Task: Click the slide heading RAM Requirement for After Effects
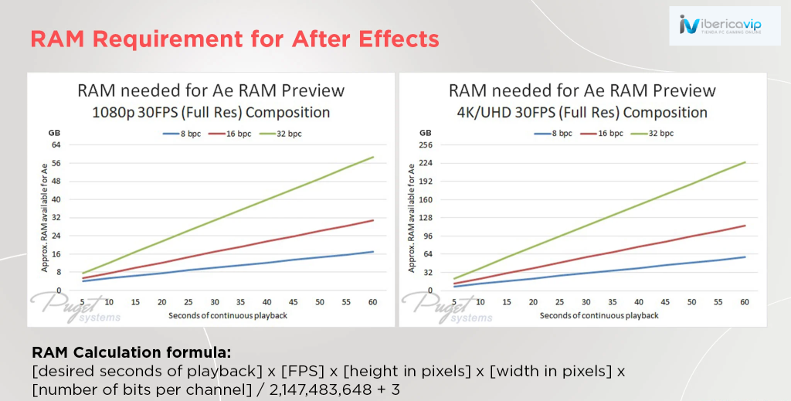(234, 38)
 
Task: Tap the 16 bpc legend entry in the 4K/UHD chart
(606, 134)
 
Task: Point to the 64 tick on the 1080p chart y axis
(56, 144)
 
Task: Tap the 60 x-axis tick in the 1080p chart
(373, 302)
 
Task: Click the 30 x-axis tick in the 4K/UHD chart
(586, 302)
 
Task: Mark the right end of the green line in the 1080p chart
(374, 157)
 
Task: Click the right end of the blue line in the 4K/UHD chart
(745, 257)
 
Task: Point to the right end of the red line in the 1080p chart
(374, 220)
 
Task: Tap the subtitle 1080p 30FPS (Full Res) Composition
(211, 112)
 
